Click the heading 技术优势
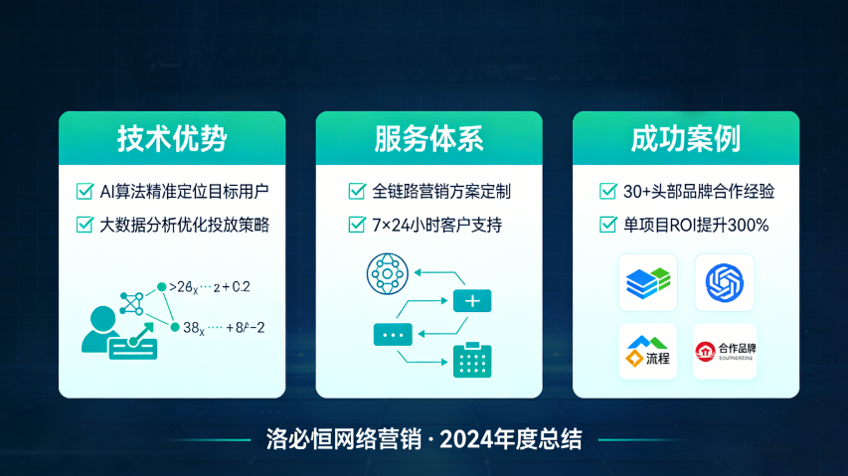171,137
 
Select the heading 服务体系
428,137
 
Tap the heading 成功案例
686,137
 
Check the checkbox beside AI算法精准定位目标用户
85,191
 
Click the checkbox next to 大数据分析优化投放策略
85,225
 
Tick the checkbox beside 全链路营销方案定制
356,191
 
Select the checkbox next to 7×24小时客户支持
356,225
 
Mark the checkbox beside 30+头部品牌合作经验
608,191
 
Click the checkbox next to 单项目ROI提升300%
608,225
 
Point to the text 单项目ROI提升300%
696,225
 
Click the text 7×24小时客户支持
436,225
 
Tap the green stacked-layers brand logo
648,283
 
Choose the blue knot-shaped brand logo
724,283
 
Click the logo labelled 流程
648,351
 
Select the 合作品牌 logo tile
724,351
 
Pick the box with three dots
392,334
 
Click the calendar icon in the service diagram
472,360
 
